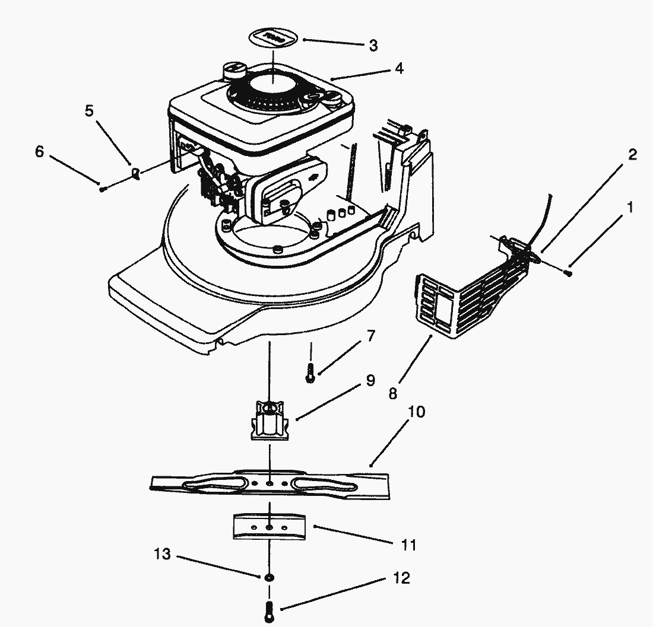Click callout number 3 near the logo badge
[x=373, y=46]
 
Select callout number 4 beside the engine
[x=399, y=69]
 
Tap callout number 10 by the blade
[x=417, y=412]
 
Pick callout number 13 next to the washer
[x=162, y=555]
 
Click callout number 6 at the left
[x=39, y=152]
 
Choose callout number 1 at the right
[x=630, y=208]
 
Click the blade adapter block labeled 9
[x=270, y=420]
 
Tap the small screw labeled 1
[x=569, y=273]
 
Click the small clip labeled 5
[x=136, y=174]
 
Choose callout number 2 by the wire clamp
[x=632, y=155]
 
